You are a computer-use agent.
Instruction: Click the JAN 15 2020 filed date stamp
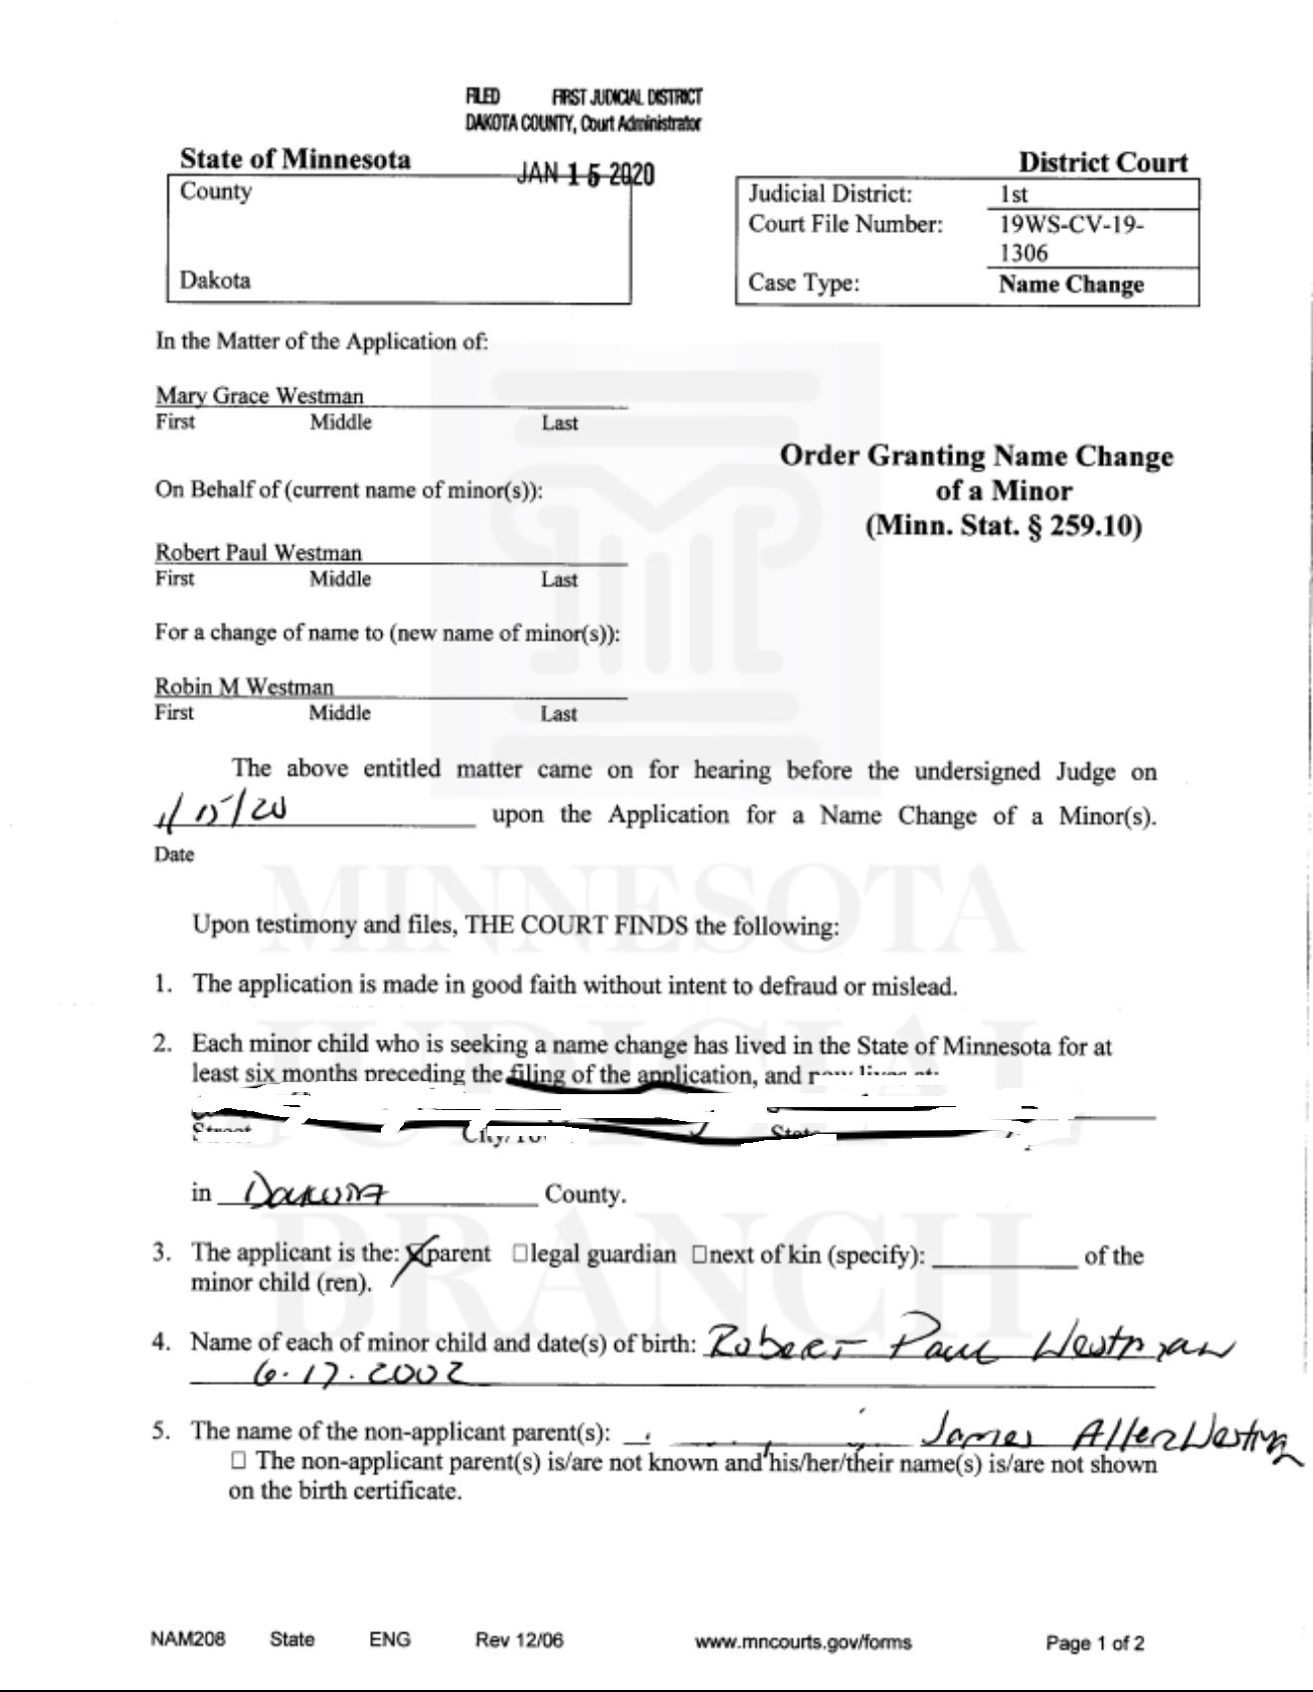click(x=585, y=175)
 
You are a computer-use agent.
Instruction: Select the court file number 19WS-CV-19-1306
click(x=1070, y=238)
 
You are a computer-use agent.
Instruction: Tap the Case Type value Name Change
click(x=1070, y=284)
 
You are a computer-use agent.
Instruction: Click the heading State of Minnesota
click(x=294, y=159)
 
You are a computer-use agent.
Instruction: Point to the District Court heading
click(x=1102, y=162)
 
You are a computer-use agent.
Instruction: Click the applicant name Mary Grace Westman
click(x=260, y=396)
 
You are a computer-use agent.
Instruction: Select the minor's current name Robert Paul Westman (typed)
click(x=259, y=553)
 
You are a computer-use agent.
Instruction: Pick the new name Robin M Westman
click(x=245, y=687)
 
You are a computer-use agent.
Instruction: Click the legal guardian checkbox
click(x=520, y=1254)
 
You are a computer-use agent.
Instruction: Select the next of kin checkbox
click(x=699, y=1254)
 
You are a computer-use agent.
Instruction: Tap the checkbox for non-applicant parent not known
click(x=238, y=1461)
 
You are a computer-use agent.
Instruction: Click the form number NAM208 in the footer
click(x=188, y=1639)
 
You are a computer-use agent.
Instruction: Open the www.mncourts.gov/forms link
click(x=803, y=1642)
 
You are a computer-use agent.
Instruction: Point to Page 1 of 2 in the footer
click(x=1094, y=1642)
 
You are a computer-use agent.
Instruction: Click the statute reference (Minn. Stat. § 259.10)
click(x=1003, y=525)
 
